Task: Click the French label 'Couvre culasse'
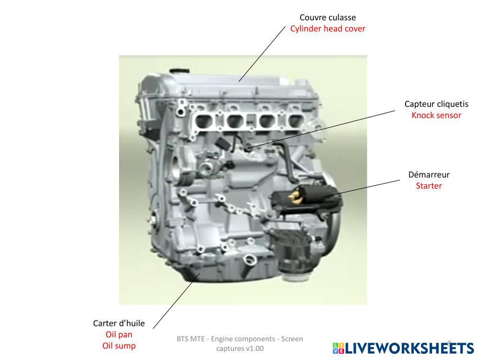coord(328,18)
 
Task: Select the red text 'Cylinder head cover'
coord(328,29)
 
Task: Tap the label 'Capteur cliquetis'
coord(436,104)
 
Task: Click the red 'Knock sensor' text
coord(436,115)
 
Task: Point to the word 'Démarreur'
coord(429,175)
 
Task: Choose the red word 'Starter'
coord(429,186)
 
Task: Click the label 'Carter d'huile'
coord(119,324)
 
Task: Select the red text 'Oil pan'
coord(119,335)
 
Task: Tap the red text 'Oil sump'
coord(119,346)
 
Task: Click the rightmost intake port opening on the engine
coord(294,121)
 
